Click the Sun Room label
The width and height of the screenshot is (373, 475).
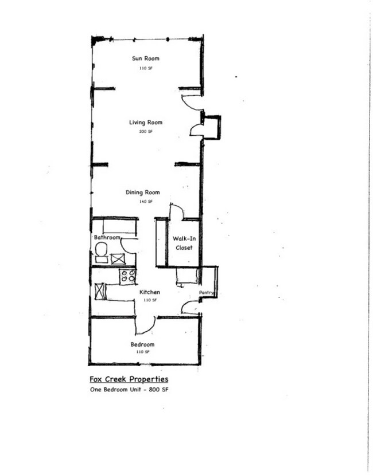point(145,58)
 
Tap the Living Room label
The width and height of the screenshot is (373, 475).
point(145,122)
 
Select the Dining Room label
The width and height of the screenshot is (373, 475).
point(142,193)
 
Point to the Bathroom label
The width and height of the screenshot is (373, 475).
point(107,237)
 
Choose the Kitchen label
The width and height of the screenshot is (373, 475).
point(150,292)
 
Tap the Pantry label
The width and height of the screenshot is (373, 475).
point(206,292)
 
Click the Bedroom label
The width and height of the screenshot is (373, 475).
point(142,344)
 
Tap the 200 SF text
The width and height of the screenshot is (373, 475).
point(145,131)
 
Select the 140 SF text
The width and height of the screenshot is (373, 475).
point(145,202)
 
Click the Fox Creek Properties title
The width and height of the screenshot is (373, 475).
point(129,379)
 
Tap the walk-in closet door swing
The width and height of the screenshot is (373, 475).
point(176,212)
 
